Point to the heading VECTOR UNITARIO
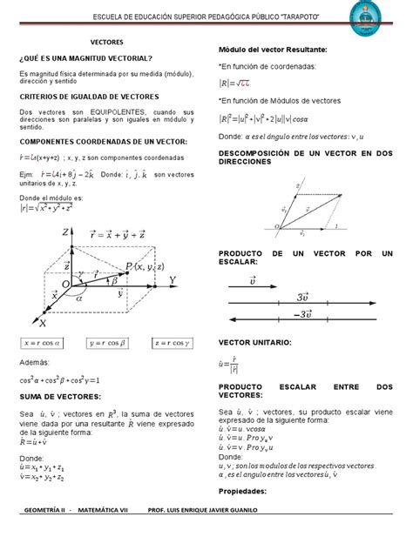coord(259,344)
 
